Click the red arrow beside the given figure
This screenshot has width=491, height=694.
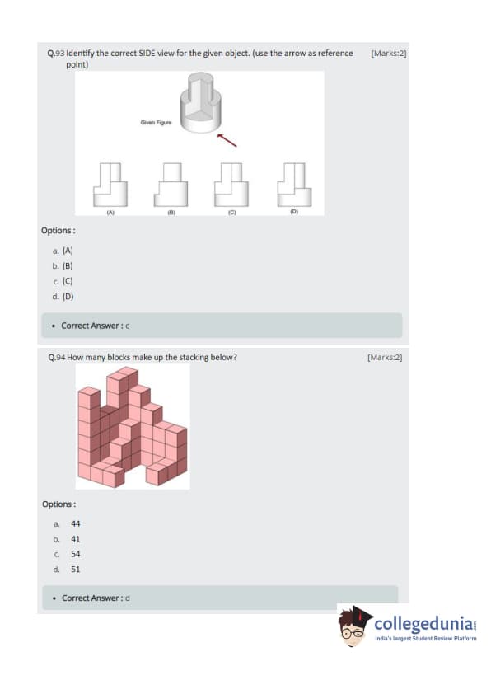tap(227, 140)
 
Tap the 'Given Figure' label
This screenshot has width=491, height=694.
tap(157, 123)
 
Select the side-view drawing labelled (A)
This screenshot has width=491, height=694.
tap(110, 185)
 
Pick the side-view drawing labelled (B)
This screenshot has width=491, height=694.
tap(171, 185)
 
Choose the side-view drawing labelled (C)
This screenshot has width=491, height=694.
tap(231, 185)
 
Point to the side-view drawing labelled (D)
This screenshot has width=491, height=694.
tap(295, 185)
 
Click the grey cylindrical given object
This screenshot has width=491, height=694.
tap(200, 103)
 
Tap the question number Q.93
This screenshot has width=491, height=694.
tap(56, 53)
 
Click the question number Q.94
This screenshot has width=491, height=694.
tap(57, 357)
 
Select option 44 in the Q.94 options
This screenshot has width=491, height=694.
tap(76, 523)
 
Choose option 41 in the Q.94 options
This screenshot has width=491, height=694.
tap(76, 539)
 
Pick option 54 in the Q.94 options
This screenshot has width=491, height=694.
tap(76, 554)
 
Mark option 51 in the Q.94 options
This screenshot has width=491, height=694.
tap(76, 570)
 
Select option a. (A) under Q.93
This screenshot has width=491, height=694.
tap(63, 251)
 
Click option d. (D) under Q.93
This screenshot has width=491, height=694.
tap(63, 297)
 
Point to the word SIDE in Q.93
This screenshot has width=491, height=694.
tap(147, 53)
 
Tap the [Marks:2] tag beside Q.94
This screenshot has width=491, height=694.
tap(385, 357)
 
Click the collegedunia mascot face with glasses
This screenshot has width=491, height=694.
tap(353, 630)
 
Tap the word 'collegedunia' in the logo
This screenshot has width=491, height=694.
tap(423, 624)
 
